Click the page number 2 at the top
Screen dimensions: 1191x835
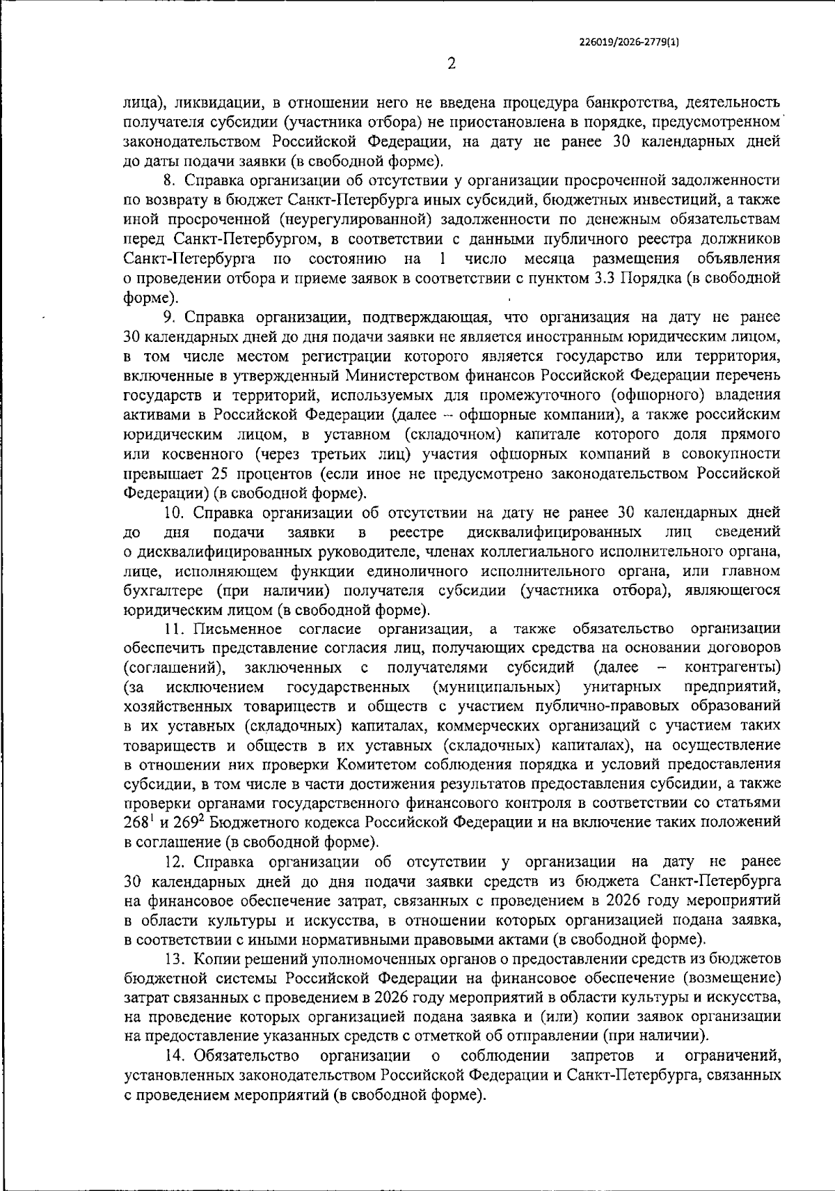pyautogui.click(x=451, y=64)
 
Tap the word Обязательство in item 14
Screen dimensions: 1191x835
pyautogui.click(x=248, y=1056)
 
